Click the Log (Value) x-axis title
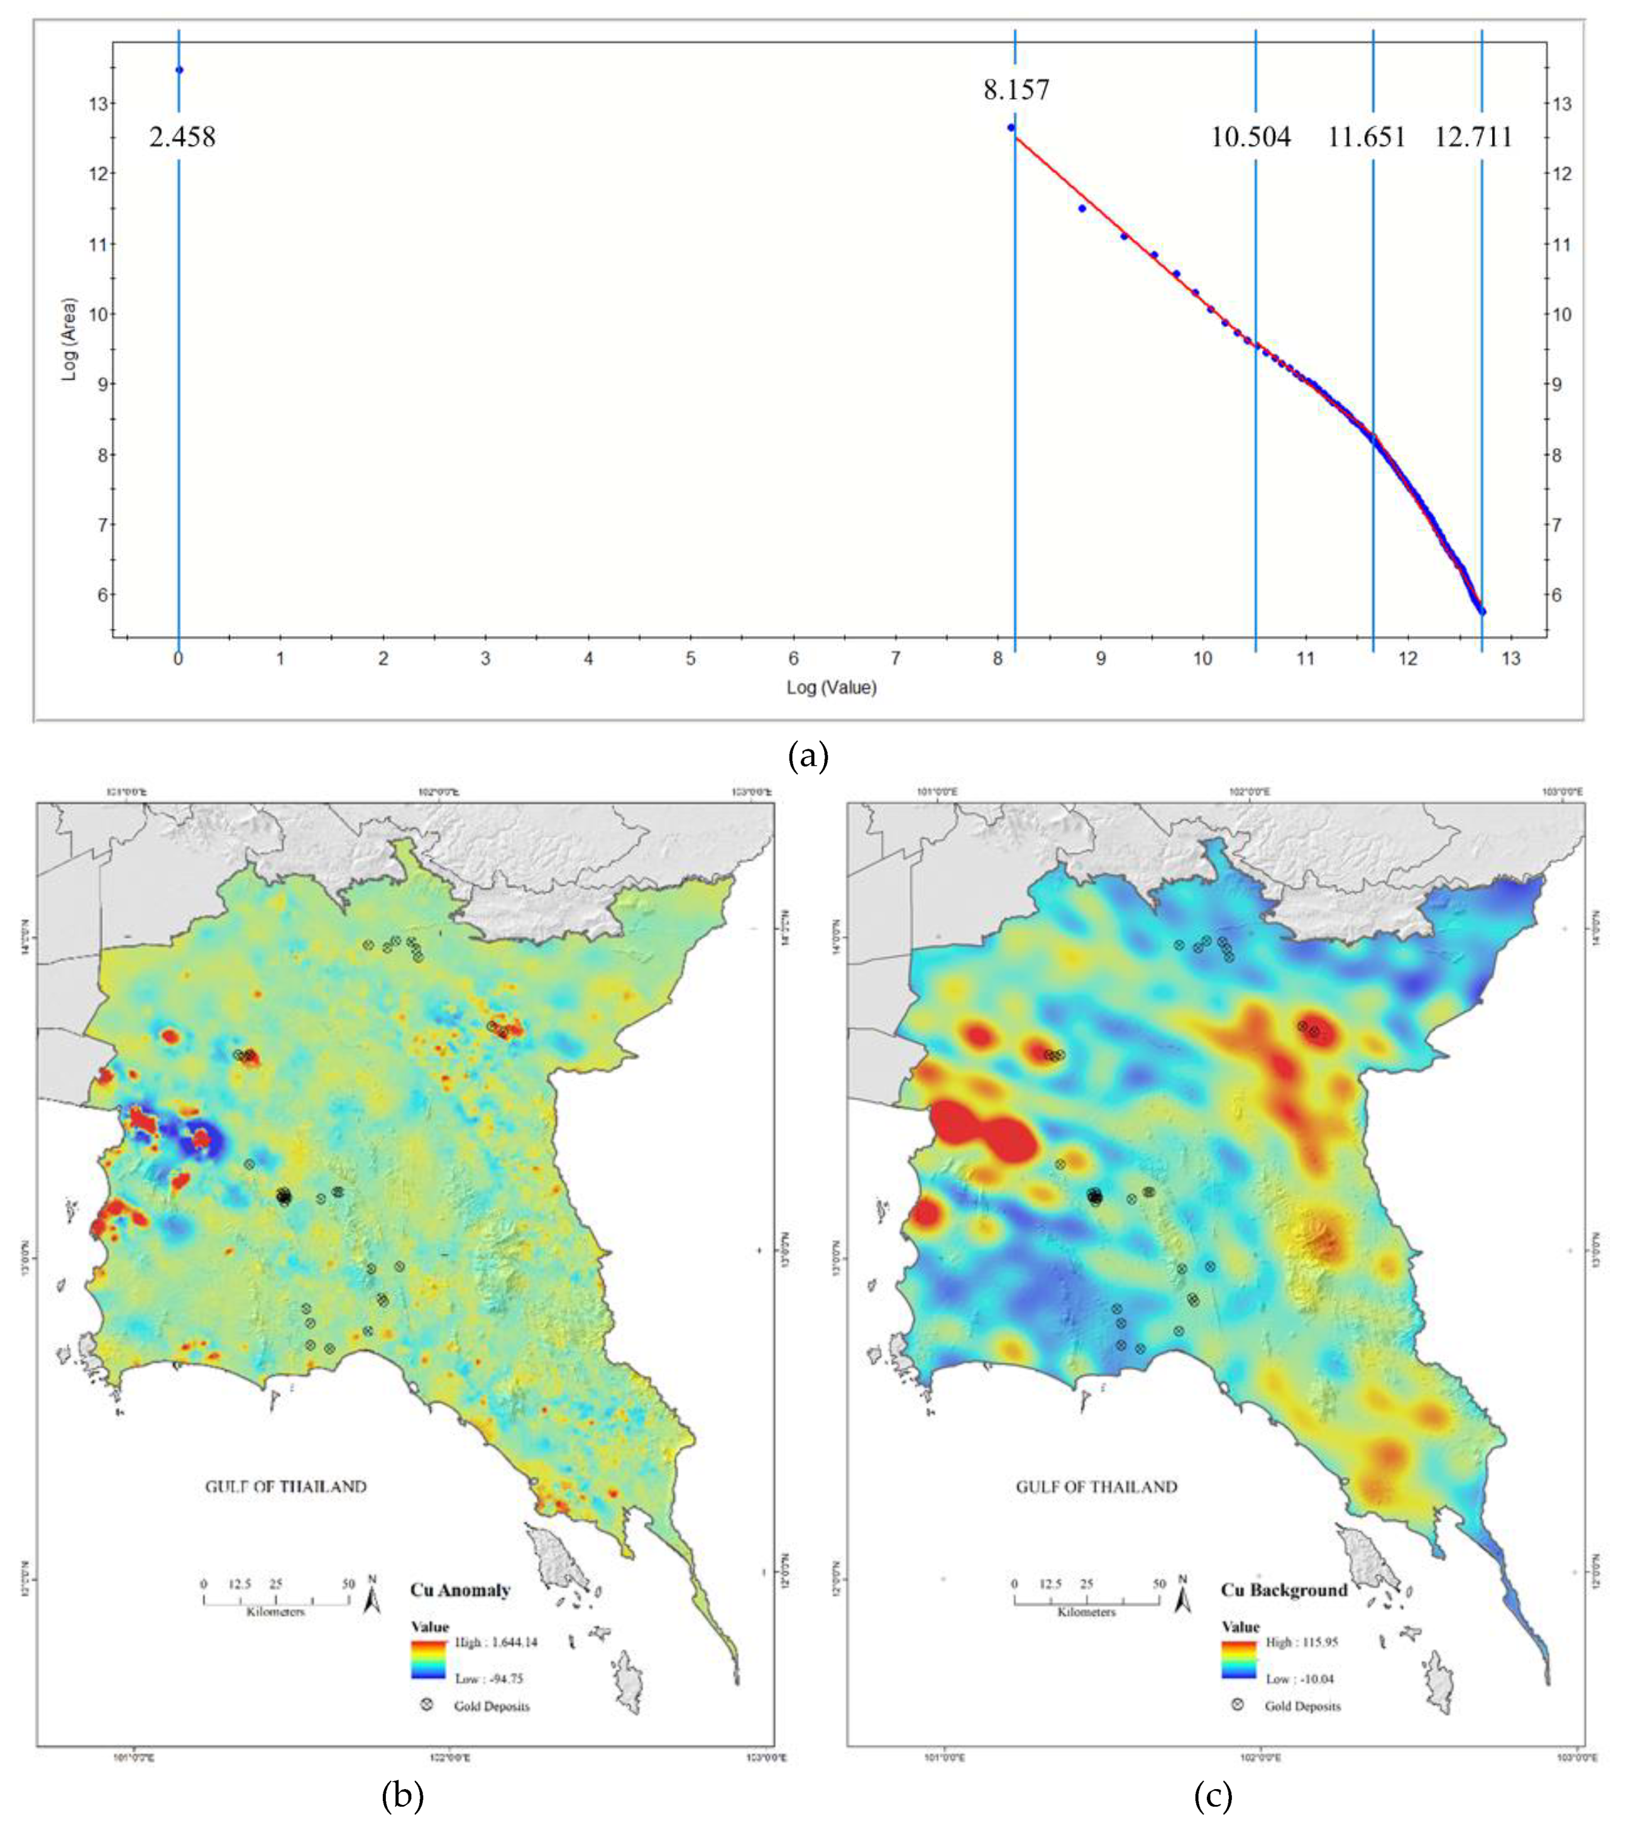[x=830, y=687]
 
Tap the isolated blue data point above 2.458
[x=179, y=70]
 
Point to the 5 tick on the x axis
[x=691, y=659]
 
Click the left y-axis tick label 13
[x=97, y=104]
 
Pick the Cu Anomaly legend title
[x=460, y=1590]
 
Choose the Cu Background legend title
[x=1284, y=1590]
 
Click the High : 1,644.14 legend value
[x=496, y=1642]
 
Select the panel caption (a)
[x=808, y=756]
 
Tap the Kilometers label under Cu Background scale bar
[x=1086, y=1611]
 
